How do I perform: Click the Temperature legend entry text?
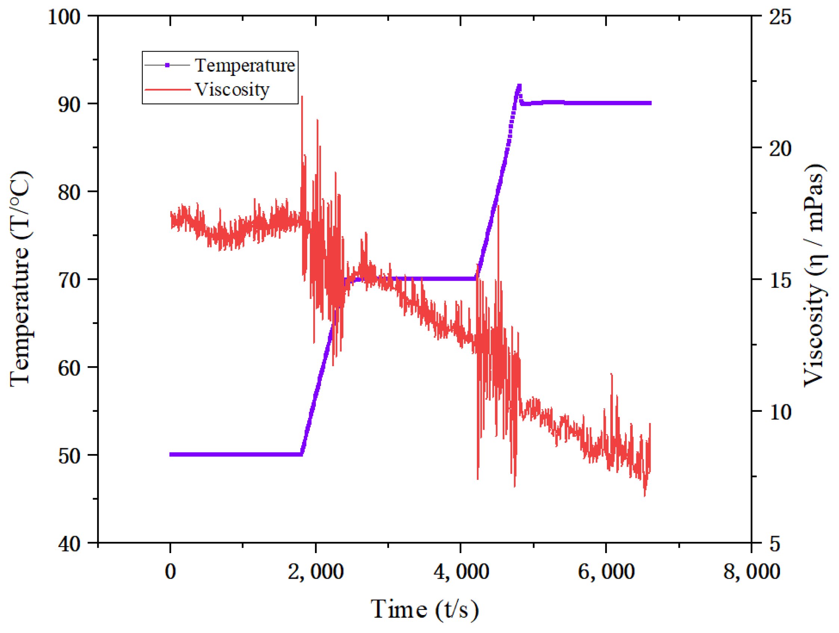click(245, 65)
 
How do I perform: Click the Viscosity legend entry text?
click(232, 90)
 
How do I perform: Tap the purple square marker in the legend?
click(167, 65)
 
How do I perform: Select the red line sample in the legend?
click(167, 90)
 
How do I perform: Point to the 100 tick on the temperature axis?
click(64, 17)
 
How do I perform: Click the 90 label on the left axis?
click(70, 105)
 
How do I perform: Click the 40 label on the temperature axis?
click(70, 544)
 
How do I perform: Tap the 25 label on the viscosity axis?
click(780, 17)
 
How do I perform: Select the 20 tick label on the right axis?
click(780, 148)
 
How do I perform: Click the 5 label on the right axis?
click(774, 544)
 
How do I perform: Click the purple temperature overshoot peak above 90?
click(519, 86)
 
